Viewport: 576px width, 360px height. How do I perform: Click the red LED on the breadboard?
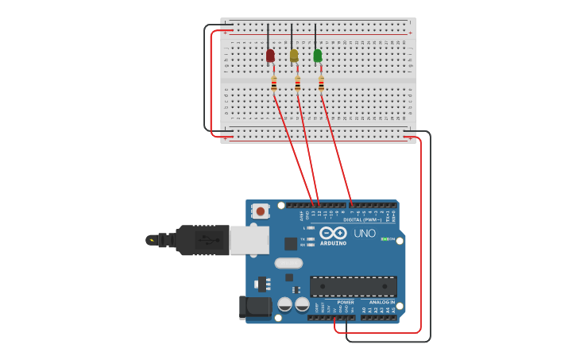[x=270, y=56]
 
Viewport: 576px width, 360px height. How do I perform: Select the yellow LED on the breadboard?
[x=294, y=56]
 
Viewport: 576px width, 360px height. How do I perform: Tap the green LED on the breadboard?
[x=318, y=56]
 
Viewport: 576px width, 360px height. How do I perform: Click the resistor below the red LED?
[x=274, y=83]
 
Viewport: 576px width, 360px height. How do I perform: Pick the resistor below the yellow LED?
[x=298, y=83]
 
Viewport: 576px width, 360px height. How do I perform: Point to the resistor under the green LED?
[x=322, y=83]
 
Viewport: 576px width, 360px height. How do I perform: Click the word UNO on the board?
[x=364, y=234]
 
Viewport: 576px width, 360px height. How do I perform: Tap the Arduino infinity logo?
[x=334, y=233]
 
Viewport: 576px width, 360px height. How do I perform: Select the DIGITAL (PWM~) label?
[x=361, y=219]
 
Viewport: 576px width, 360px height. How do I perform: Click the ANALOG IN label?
[x=381, y=302]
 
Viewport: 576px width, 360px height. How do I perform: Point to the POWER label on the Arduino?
[x=346, y=302]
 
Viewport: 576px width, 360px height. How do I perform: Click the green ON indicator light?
[x=384, y=238]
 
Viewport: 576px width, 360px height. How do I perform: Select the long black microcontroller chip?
[x=353, y=286]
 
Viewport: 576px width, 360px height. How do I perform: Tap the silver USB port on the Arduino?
[x=249, y=240]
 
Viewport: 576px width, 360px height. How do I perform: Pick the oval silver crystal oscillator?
[x=288, y=263]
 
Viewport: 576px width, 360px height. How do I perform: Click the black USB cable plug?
[x=202, y=240]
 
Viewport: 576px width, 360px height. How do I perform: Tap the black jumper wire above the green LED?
[x=315, y=36]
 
